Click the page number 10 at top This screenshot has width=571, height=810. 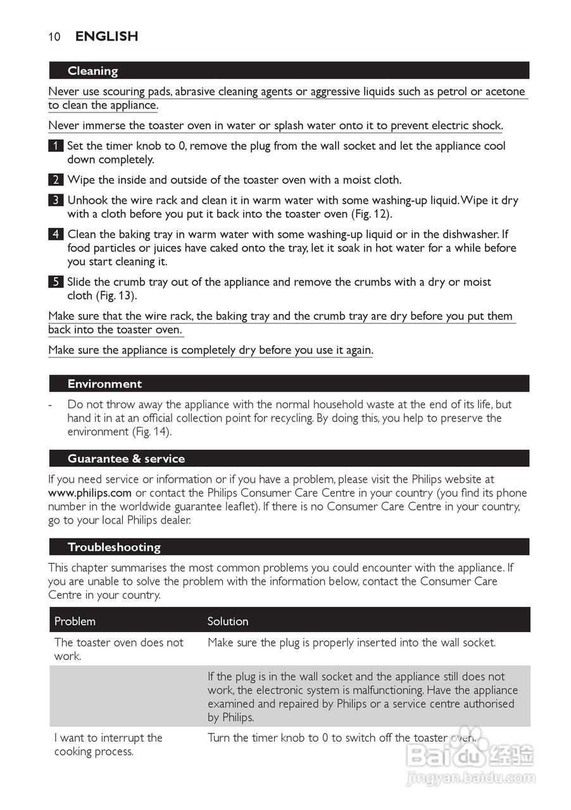coord(54,37)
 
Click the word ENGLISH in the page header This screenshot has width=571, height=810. coord(106,37)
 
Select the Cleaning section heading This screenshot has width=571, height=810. coord(93,71)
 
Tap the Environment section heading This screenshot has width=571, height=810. coord(104,383)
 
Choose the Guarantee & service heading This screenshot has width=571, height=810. coord(126,459)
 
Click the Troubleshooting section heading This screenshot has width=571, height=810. coord(114,547)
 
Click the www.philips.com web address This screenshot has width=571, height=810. coord(90,493)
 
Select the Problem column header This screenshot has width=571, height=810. coord(75,621)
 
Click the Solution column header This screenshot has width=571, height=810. coord(228,621)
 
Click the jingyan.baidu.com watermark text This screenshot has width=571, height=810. coord(471,778)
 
